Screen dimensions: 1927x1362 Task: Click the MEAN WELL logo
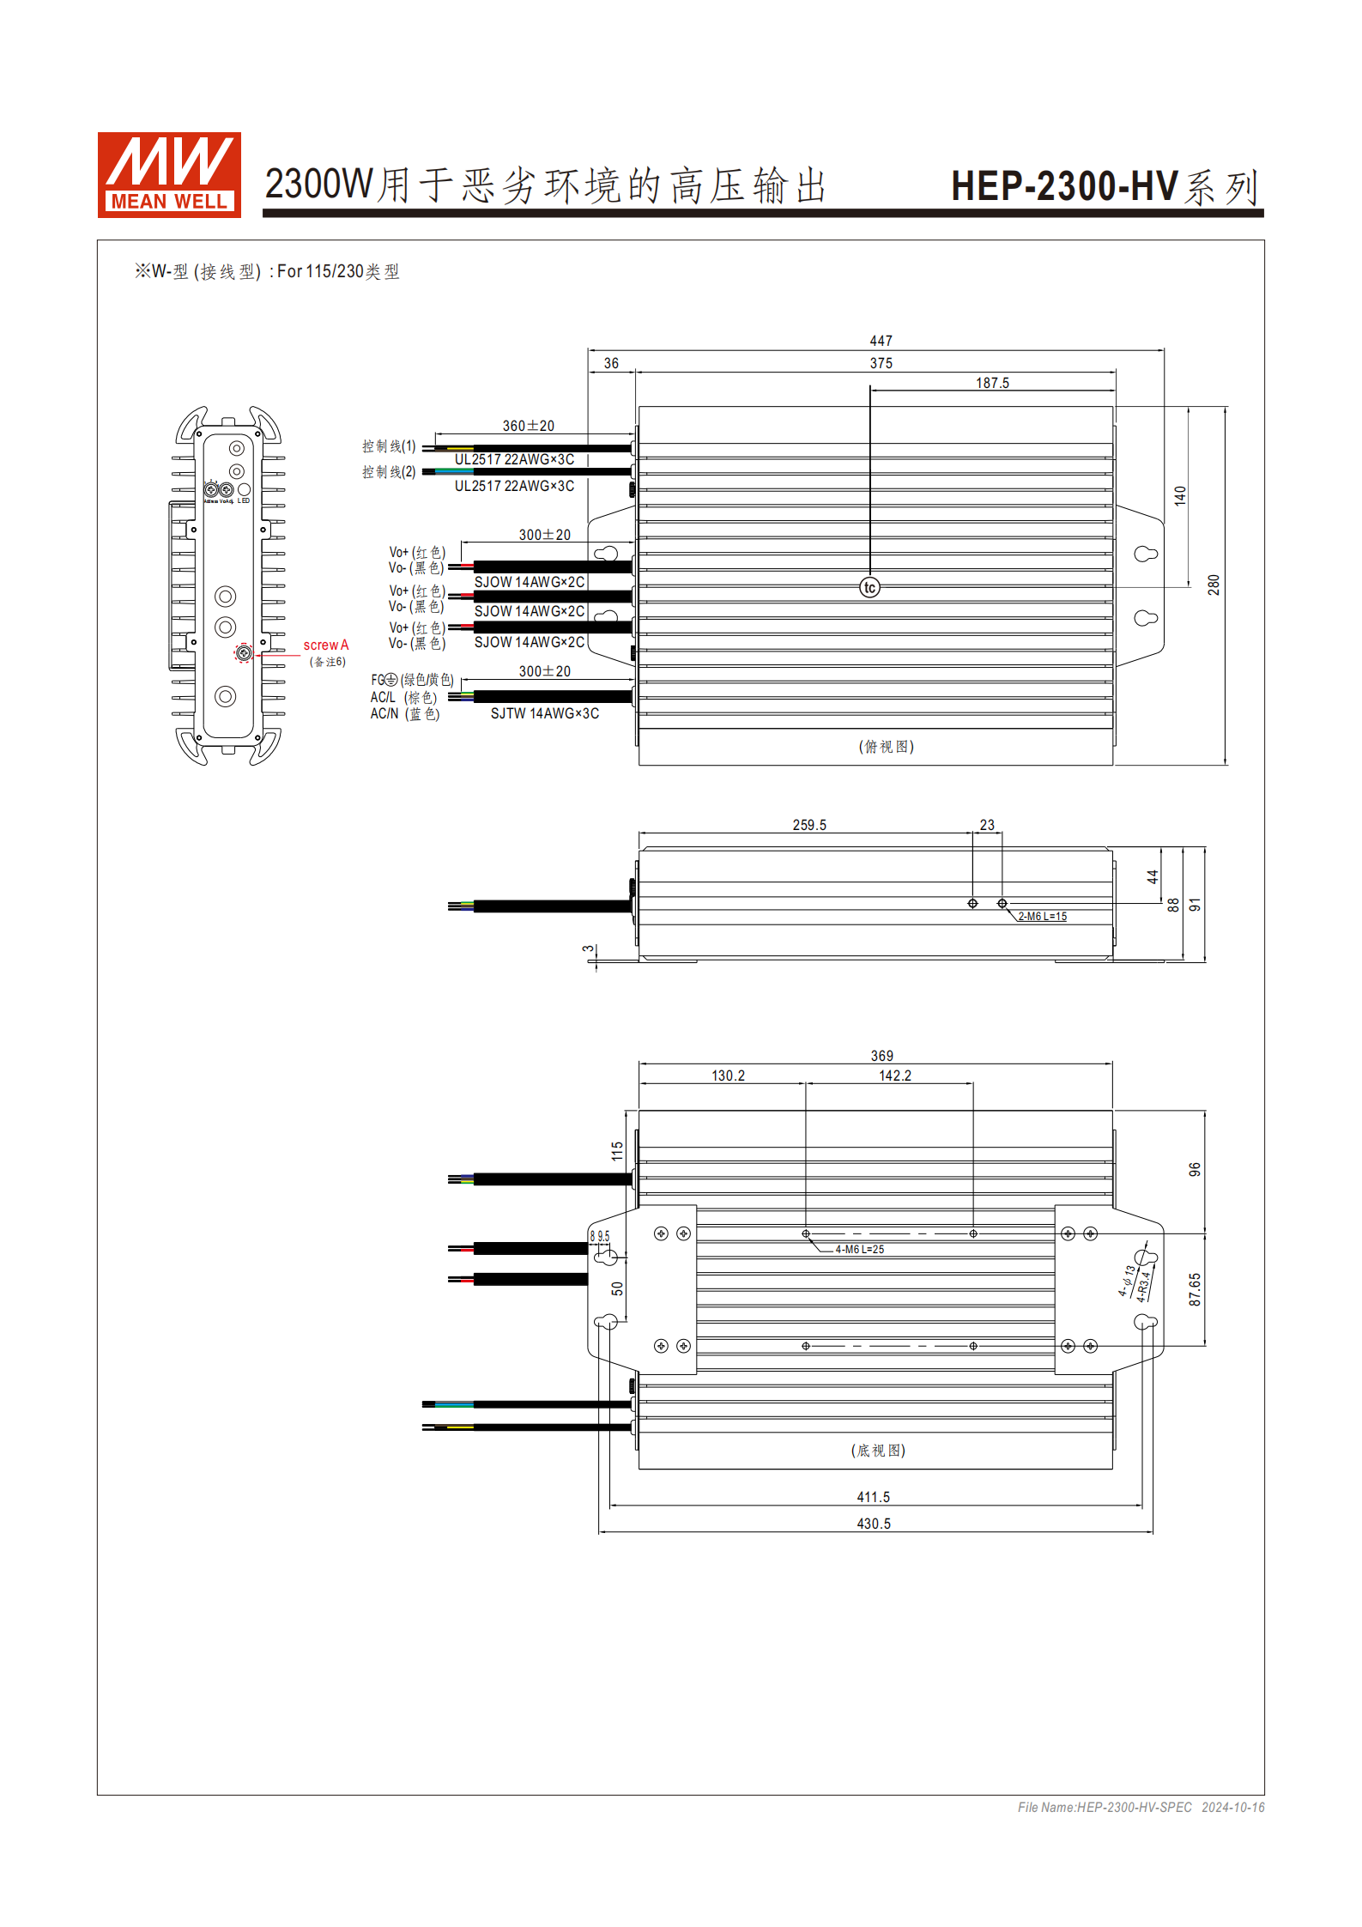tap(169, 174)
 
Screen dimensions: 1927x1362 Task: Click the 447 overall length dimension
tap(881, 341)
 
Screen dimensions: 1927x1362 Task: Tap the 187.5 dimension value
tap(992, 383)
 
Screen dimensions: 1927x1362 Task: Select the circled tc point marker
tap(869, 587)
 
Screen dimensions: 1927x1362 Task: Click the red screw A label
tap(325, 645)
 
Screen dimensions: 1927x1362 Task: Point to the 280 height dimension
tap(1213, 585)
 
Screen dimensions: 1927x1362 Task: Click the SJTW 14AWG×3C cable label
tap(544, 713)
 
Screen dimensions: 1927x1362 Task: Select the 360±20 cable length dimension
tap(528, 426)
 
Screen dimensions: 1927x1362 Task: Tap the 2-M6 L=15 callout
tap(1042, 917)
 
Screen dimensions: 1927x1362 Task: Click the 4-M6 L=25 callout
tap(859, 1249)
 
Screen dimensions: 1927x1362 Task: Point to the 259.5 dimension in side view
tap(808, 825)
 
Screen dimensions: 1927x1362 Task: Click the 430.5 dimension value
tap(874, 1524)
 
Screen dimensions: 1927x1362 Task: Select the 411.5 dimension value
tap(873, 1497)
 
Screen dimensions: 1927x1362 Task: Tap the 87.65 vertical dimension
tap(1195, 1289)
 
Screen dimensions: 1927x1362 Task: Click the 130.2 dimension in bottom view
tap(728, 1076)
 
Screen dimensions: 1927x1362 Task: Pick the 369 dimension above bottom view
tap(881, 1056)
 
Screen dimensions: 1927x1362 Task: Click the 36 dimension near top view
tap(611, 363)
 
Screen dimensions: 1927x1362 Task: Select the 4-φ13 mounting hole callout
tap(1127, 1280)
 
